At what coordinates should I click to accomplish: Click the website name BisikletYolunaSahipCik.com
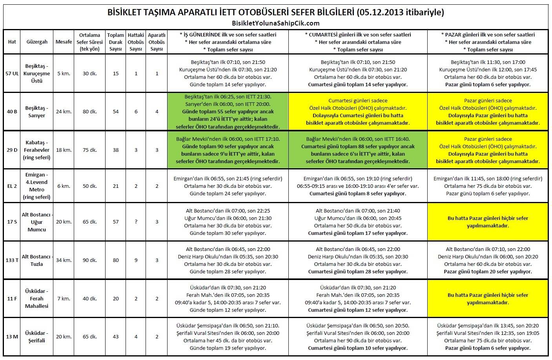[x=276, y=23]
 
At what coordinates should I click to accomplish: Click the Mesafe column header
[x=64, y=42]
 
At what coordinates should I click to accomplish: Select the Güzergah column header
[x=37, y=42]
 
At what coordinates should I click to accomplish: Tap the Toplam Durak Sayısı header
[x=116, y=42]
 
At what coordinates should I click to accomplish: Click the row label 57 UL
[x=12, y=73]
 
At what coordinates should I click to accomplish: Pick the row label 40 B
[x=12, y=111]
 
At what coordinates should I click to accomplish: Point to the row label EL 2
[x=12, y=186]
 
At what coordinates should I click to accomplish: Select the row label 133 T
[x=12, y=260]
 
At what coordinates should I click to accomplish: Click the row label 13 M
[x=12, y=336]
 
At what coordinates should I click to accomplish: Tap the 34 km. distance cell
[x=64, y=260]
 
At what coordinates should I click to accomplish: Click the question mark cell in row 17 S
[x=136, y=222]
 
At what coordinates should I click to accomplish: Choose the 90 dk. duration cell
[x=90, y=260]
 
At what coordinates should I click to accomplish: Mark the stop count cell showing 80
[x=116, y=260]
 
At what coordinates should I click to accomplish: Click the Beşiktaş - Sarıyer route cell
[x=37, y=111]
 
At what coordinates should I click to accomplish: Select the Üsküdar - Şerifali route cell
[x=37, y=336]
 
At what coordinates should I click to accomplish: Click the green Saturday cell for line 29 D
[x=358, y=150]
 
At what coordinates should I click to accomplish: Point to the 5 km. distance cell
[x=64, y=73]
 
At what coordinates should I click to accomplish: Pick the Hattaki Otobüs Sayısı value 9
[x=136, y=260]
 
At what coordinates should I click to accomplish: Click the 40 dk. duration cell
[x=90, y=298]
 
